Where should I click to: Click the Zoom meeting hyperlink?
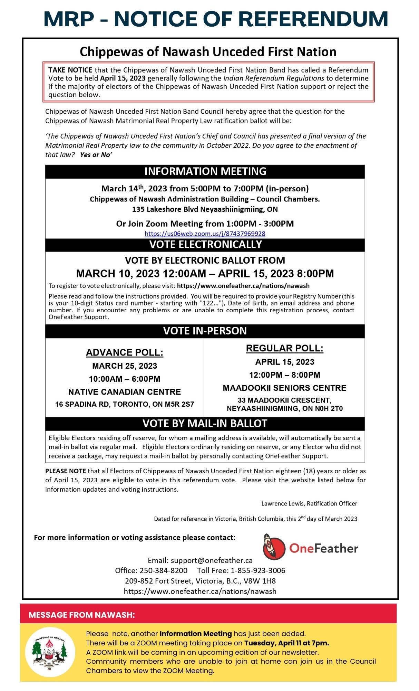pos(205,234)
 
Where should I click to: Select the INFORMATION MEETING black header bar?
pos(205,171)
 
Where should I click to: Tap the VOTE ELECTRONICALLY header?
pos(205,245)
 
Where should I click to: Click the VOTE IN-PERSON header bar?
pos(205,331)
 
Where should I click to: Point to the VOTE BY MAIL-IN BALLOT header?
pos(205,423)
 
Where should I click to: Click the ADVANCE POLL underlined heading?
pos(124,352)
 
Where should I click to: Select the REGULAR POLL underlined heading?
pos(284,348)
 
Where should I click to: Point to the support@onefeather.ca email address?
pos(212,560)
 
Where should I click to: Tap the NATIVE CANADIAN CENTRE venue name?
pos(124,392)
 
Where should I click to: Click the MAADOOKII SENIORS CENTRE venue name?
pos(284,388)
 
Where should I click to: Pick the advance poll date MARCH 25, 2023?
pos(124,366)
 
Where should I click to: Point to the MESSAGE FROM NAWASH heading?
pos(81,615)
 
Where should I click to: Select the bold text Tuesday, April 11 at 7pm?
pos(286,643)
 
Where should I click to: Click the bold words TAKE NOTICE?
pos(70,70)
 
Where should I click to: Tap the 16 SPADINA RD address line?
pos(124,404)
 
